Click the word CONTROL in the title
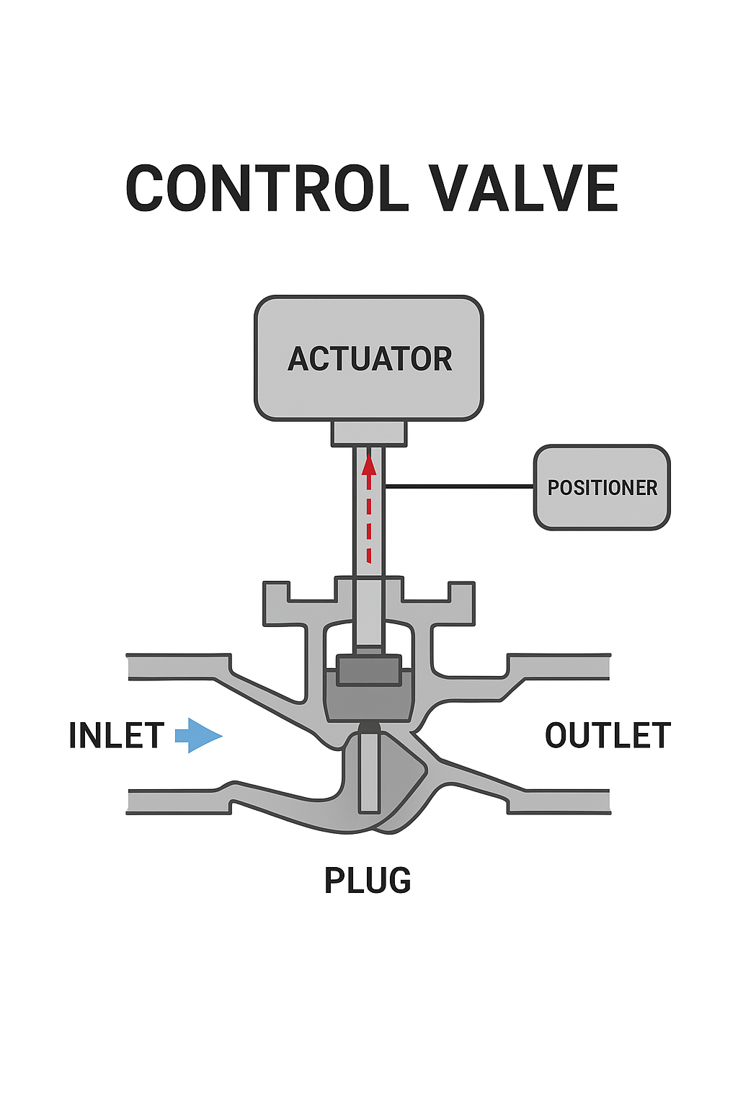[x=267, y=188]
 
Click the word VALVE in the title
[x=523, y=188]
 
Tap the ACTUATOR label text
[x=370, y=359]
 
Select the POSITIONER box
[x=602, y=487]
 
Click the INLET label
[x=116, y=735]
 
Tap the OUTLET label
[x=608, y=735]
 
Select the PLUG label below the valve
[x=368, y=880]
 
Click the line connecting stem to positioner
[x=459, y=486]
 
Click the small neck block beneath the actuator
[x=369, y=433]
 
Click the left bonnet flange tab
[x=276, y=604]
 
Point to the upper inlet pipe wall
[x=179, y=667]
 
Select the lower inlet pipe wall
[x=179, y=801]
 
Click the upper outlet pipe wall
[x=559, y=667]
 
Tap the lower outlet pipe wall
[x=559, y=801]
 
